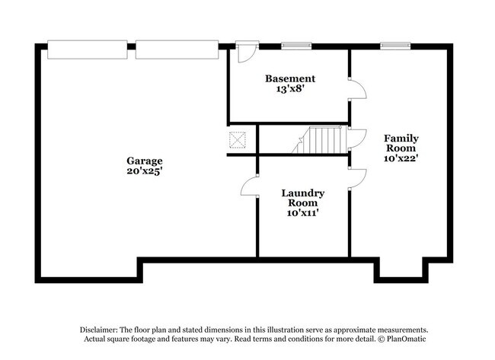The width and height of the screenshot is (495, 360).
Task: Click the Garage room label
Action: point(145,161)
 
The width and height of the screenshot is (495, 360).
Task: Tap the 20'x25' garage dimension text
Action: point(145,171)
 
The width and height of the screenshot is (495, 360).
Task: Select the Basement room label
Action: point(289,78)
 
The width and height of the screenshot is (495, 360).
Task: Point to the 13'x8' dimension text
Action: point(289,89)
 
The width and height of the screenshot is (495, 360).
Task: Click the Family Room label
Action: point(401,143)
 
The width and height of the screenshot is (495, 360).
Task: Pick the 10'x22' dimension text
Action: point(401,159)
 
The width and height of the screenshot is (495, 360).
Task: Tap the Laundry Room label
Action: point(303,198)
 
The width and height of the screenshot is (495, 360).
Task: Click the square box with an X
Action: point(238,140)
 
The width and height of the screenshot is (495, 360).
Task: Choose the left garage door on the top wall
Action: point(87,49)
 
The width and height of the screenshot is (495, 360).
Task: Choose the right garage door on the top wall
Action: point(177,49)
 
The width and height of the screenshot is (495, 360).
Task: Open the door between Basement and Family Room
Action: point(356,89)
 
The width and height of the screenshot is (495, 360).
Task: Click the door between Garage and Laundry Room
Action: point(250,186)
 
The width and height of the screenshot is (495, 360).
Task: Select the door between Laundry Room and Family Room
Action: point(356,177)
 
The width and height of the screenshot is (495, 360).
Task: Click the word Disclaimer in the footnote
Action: point(104,328)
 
